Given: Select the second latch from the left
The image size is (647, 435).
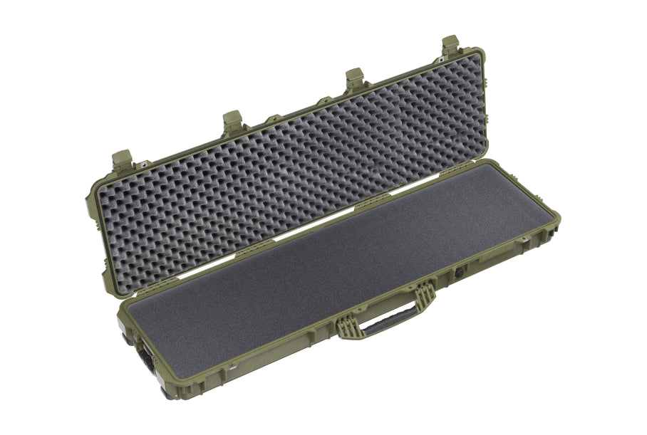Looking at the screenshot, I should tap(232, 122).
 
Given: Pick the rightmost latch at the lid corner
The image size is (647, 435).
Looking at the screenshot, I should tap(450, 46).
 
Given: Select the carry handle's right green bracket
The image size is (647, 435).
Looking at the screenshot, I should tap(425, 293).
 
